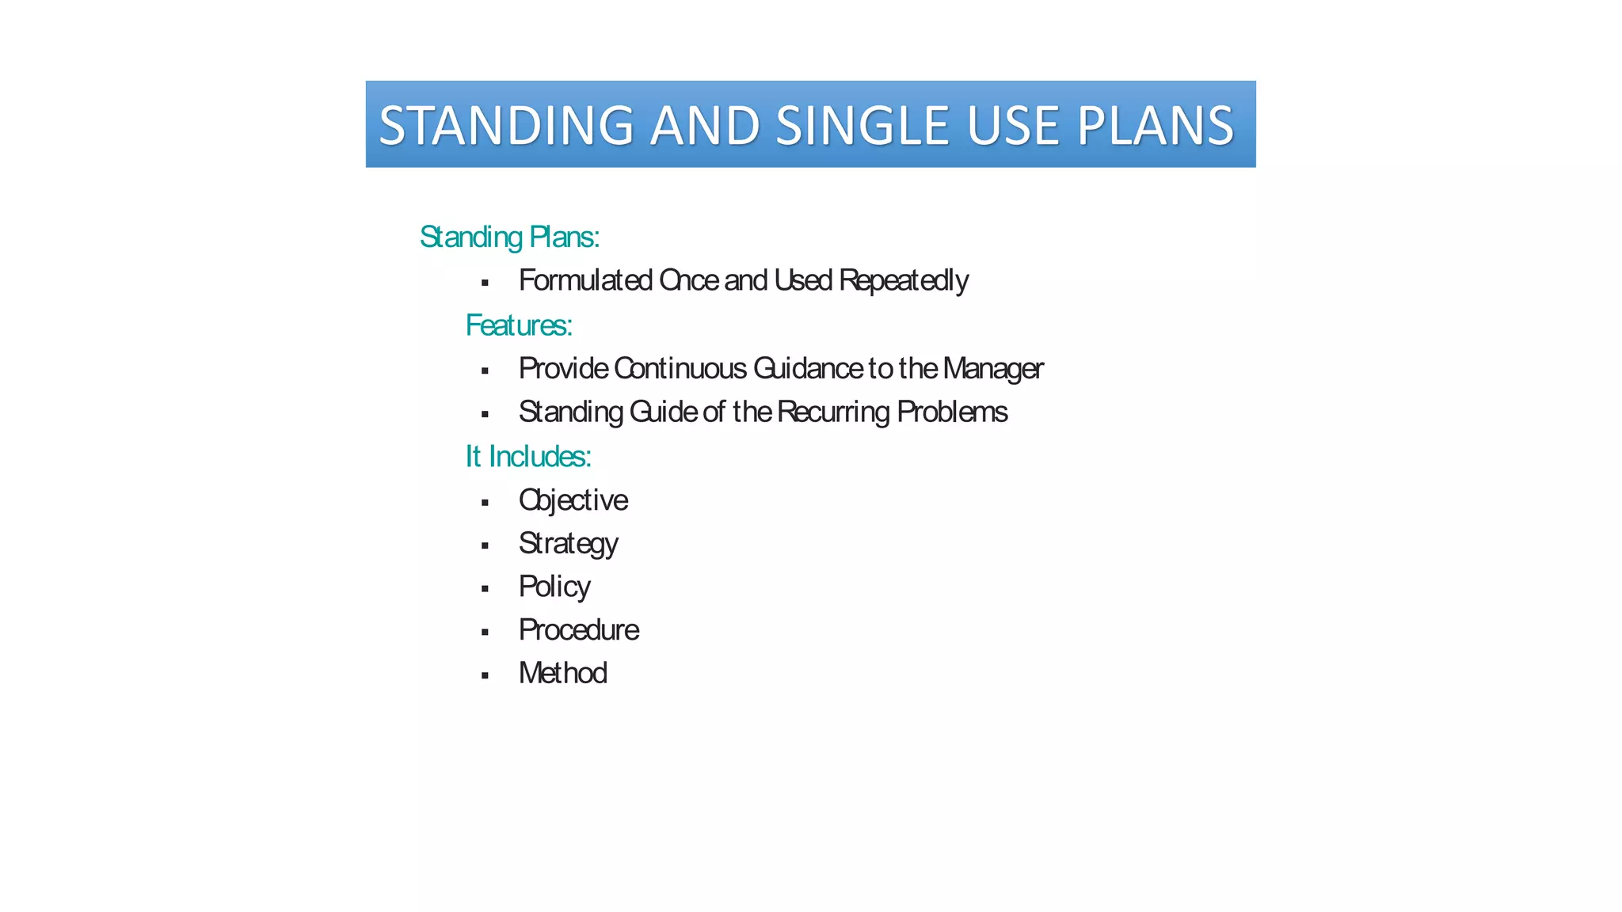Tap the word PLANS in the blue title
pyautogui.click(x=1154, y=125)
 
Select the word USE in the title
pyautogui.click(x=1013, y=125)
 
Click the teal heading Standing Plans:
pyautogui.click(x=509, y=237)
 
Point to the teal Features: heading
pyautogui.click(x=519, y=325)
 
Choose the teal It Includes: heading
pyautogui.click(x=528, y=456)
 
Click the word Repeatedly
pyautogui.click(x=903, y=280)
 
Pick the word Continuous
pyautogui.click(x=680, y=368)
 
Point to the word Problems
pyautogui.click(x=952, y=412)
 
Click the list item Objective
pyautogui.click(x=573, y=500)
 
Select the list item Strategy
pyautogui.click(x=568, y=544)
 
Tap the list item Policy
pyautogui.click(x=554, y=587)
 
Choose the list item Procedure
pyautogui.click(x=579, y=630)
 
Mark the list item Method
pyautogui.click(x=563, y=673)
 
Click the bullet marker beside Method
pyautogui.click(x=485, y=675)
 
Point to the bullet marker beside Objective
pyautogui.click(x=485, y=502)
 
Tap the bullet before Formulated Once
pyautogui.click(x=485, y=283)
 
